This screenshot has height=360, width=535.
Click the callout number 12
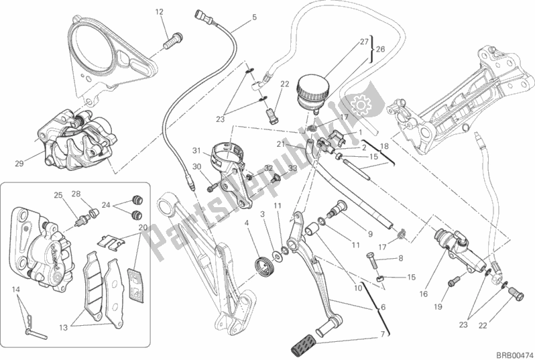click(159, 12)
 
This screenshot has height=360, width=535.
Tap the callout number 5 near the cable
click(254, 17)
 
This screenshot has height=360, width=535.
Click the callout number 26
click(379, 49)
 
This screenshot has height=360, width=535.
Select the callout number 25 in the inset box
click(58, 195)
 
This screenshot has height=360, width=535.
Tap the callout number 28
click(76, 194)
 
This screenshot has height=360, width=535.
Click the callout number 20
click(141, 228)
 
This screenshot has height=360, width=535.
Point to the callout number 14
click(15, 288)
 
